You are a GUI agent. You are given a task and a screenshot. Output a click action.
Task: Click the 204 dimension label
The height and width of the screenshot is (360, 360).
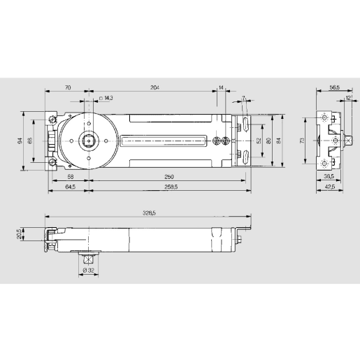pyautogui.click(x=154, y=88)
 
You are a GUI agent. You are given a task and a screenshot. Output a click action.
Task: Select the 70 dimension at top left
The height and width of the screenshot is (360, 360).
pyautogui.click(x=68, y=88)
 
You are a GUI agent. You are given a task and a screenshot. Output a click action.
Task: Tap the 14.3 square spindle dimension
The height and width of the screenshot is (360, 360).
pyautogui.click(x=106, y=99)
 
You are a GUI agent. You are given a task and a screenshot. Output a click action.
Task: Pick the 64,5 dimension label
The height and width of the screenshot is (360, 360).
pyautogui.click(x=70, y=187)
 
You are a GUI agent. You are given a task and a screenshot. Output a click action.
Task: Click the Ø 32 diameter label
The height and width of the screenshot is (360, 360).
pyautogui.click(x=89, y=270)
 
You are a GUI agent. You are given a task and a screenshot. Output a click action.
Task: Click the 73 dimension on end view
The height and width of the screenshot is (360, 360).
pyautogui.click(x=302, y=140)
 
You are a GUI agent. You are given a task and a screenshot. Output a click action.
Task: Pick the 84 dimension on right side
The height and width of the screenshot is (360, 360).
pyautogui.click(x=279, y=140)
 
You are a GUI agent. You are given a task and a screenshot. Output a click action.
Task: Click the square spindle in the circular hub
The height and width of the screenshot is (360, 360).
pyautogui.click(x=89, y=140)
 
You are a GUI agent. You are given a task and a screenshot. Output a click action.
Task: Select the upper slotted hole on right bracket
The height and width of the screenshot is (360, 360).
pyautogui.click(x=247, y=124)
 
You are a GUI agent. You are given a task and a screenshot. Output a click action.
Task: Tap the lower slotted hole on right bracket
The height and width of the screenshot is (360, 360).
pyautogui.click(x=247, y=155)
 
